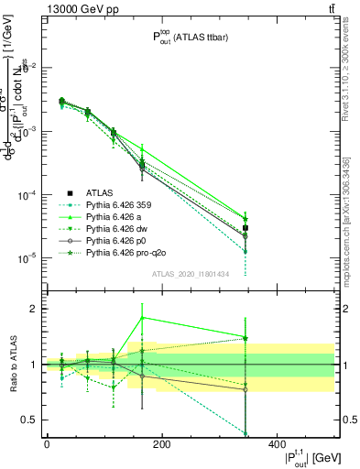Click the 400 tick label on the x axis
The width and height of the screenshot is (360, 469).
(276, 443)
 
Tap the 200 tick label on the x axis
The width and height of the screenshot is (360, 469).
(161, 443)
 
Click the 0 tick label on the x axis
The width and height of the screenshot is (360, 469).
(47, 443)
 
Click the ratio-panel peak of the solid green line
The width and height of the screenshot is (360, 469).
(142, 318)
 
